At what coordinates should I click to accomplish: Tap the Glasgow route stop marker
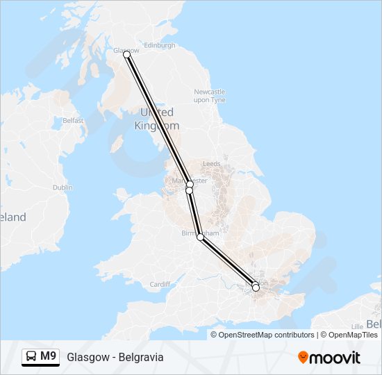pyautogui.click(x=126, y=55)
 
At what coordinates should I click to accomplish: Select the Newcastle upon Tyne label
pyautogui.click(x=210, y=96)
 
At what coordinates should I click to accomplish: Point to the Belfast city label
pyautogui.click(x=73, y=120)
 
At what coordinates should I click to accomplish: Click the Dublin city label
pyautogui.click(x=63, y=187)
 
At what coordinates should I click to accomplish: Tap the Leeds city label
pyautogui.click(x=211, y=164)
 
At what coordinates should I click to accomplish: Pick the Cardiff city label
pyautogui.click(x=160, y=284)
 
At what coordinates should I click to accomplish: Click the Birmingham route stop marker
pyautogui.click(x=201, y=237)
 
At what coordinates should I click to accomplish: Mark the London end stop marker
pyautogui.click(x=256, y=287)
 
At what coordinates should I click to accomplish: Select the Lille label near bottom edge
pyautogui.click(x=358, y=326)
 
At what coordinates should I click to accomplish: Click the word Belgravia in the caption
pyautogui.click(x=141, y=358)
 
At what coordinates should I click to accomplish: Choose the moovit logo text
pyautogui.click(x=335, y=358)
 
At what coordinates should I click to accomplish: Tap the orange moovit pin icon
pyautogui.click(x=303, y=358)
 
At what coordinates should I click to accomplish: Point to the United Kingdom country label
pyautogui.click(x=158, y=119)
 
